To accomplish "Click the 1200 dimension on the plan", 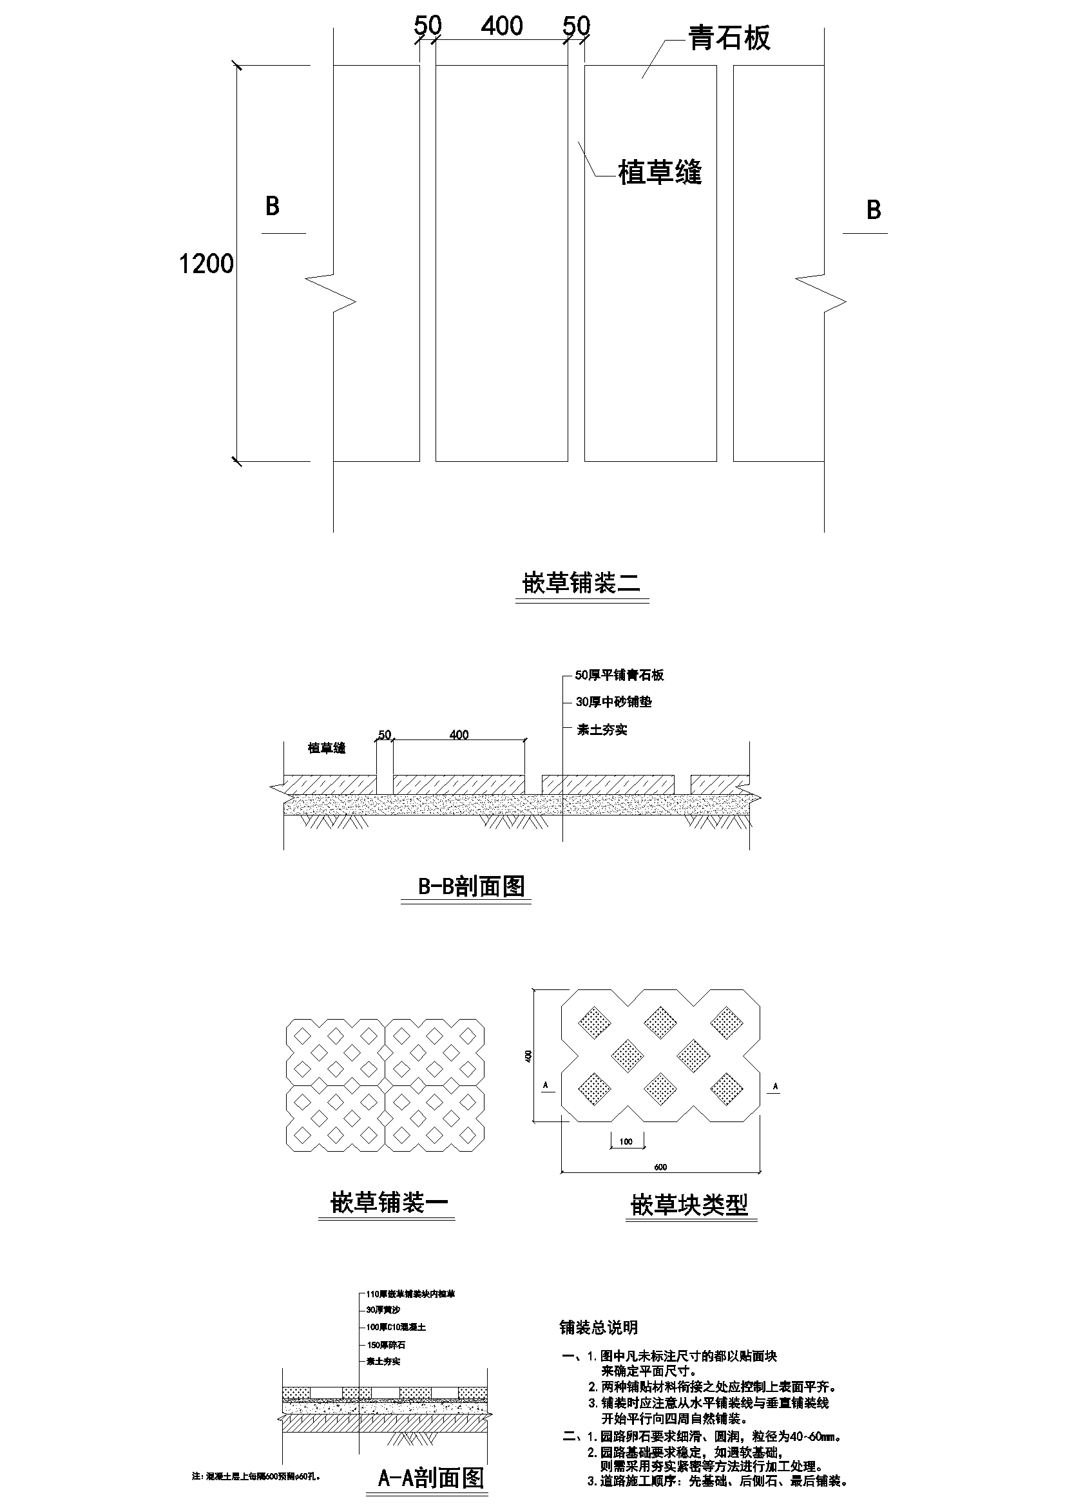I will [x=206, y=263].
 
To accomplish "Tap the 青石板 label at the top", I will [x=729, y=38].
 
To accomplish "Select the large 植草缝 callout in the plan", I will [x=660, y=173].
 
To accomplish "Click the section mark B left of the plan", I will [x=273, y=207].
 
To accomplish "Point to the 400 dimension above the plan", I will [x=502, y=26].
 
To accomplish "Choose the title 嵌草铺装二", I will [x=581, y=582].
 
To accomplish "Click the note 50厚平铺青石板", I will [x=619, y=675].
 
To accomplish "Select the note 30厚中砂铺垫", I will [x=613, y=702].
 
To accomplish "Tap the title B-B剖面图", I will [x=471, y=886].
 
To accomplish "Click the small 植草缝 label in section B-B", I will [x=327, y=748].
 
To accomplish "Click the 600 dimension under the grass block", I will [x=660, y=1167].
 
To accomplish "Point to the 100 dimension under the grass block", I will [x=626, y=1141].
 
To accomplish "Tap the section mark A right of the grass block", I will [x=776, y=1087].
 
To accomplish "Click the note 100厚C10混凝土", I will [x=396, y=1327].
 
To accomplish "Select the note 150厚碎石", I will [x=386, y=1345].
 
